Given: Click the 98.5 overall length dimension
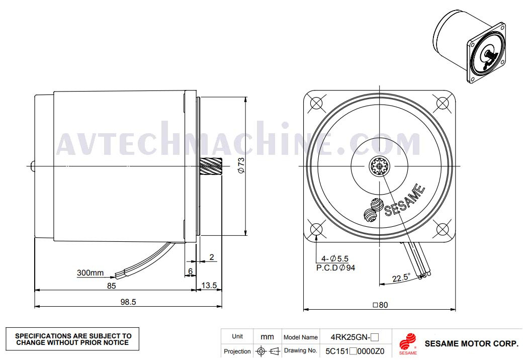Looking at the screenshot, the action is tap(128, 302).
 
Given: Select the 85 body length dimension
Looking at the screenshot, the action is tap(111, 286).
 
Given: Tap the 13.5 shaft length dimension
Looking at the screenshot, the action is tap(209, 286).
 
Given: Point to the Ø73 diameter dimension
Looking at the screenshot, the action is tap(241, 165).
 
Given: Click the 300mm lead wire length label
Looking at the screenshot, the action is tap(90, 273).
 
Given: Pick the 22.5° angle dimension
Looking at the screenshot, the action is tap(401, 278).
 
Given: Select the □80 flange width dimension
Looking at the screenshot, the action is tap(380, 305).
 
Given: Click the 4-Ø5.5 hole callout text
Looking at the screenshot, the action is tap(335, 258).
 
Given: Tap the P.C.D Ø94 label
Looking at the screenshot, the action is tap(336, 267).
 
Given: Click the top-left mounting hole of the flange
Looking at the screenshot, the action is tap(316, 103).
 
